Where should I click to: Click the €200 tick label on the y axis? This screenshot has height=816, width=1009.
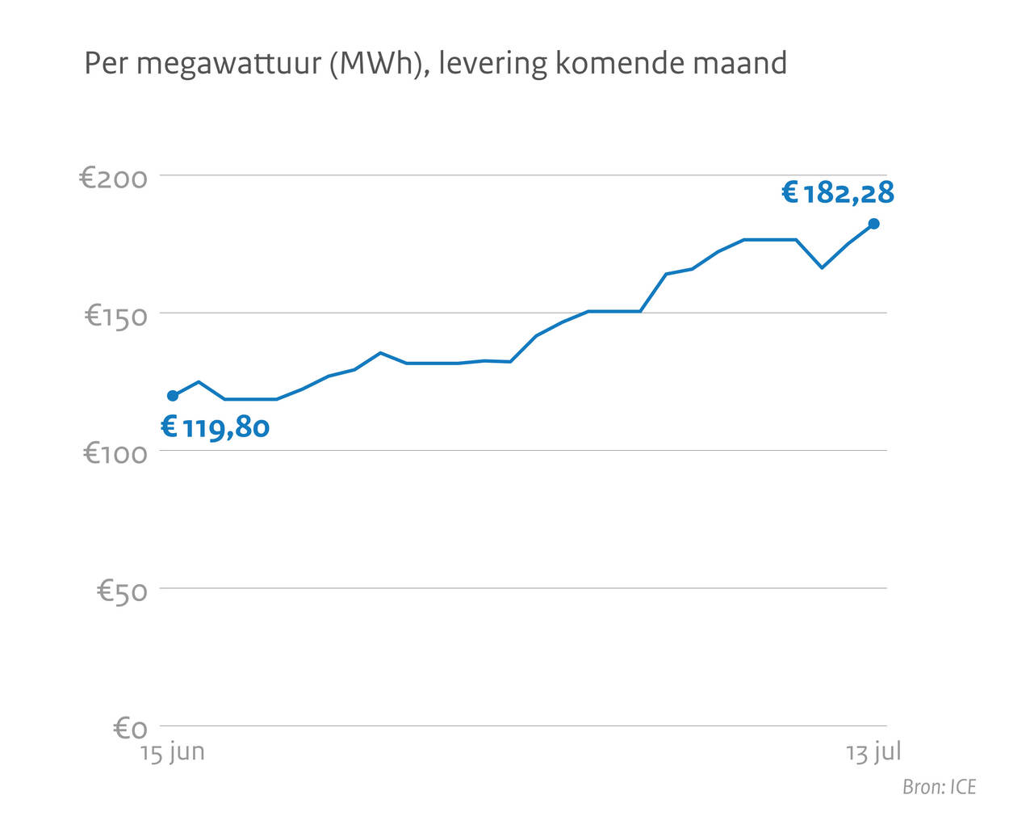click(114, 178)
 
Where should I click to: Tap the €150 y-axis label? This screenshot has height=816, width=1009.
click(116, 316)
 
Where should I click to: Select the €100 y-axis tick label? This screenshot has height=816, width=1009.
click(116, 453)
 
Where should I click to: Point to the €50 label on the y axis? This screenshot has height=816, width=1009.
click(123, 591)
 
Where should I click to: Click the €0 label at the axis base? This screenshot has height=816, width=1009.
click(130, 729)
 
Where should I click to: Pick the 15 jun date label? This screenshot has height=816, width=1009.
click(173, 753)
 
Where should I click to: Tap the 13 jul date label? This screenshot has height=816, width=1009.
click(873, 753)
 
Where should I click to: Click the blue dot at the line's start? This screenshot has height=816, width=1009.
click(173, 396)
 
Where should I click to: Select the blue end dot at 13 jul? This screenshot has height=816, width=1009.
click(873, 224)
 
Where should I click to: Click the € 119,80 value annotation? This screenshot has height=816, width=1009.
click(216, 427)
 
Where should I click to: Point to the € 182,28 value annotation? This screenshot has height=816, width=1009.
click(838, 193)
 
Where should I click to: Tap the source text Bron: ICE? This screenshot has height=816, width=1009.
click(939, 787)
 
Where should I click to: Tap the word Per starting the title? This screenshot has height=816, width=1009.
click(106, 63)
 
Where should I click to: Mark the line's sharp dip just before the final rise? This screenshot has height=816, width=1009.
click(822, 267)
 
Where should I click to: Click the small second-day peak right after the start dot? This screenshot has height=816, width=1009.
click(199, 382)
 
